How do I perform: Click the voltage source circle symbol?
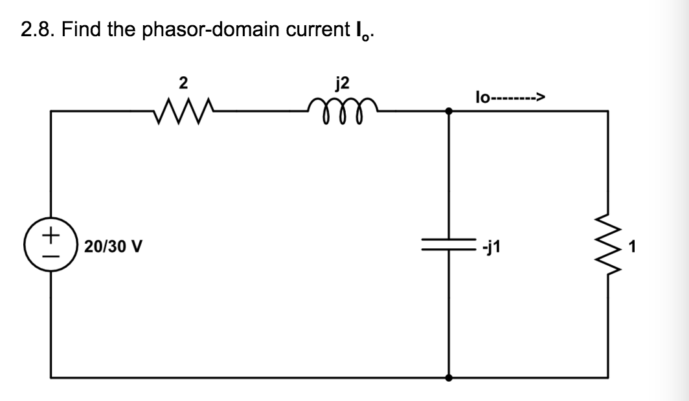52,246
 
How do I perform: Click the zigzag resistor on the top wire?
183,111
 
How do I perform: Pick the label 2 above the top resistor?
183,82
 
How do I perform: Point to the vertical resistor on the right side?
608,246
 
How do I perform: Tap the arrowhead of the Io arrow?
540,98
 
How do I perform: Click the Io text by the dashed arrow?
483,98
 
